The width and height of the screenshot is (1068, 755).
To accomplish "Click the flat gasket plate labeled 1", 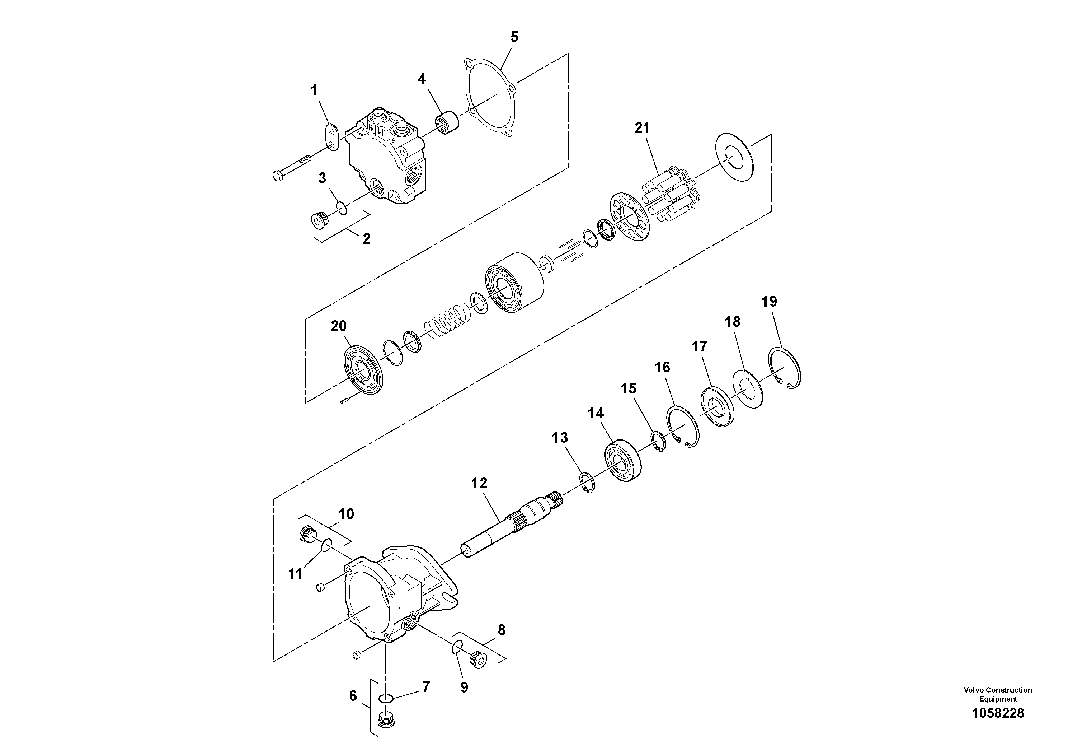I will coord(331,138).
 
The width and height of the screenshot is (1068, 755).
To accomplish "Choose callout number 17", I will coord(699,346).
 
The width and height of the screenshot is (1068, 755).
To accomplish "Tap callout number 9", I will coord(464,687).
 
